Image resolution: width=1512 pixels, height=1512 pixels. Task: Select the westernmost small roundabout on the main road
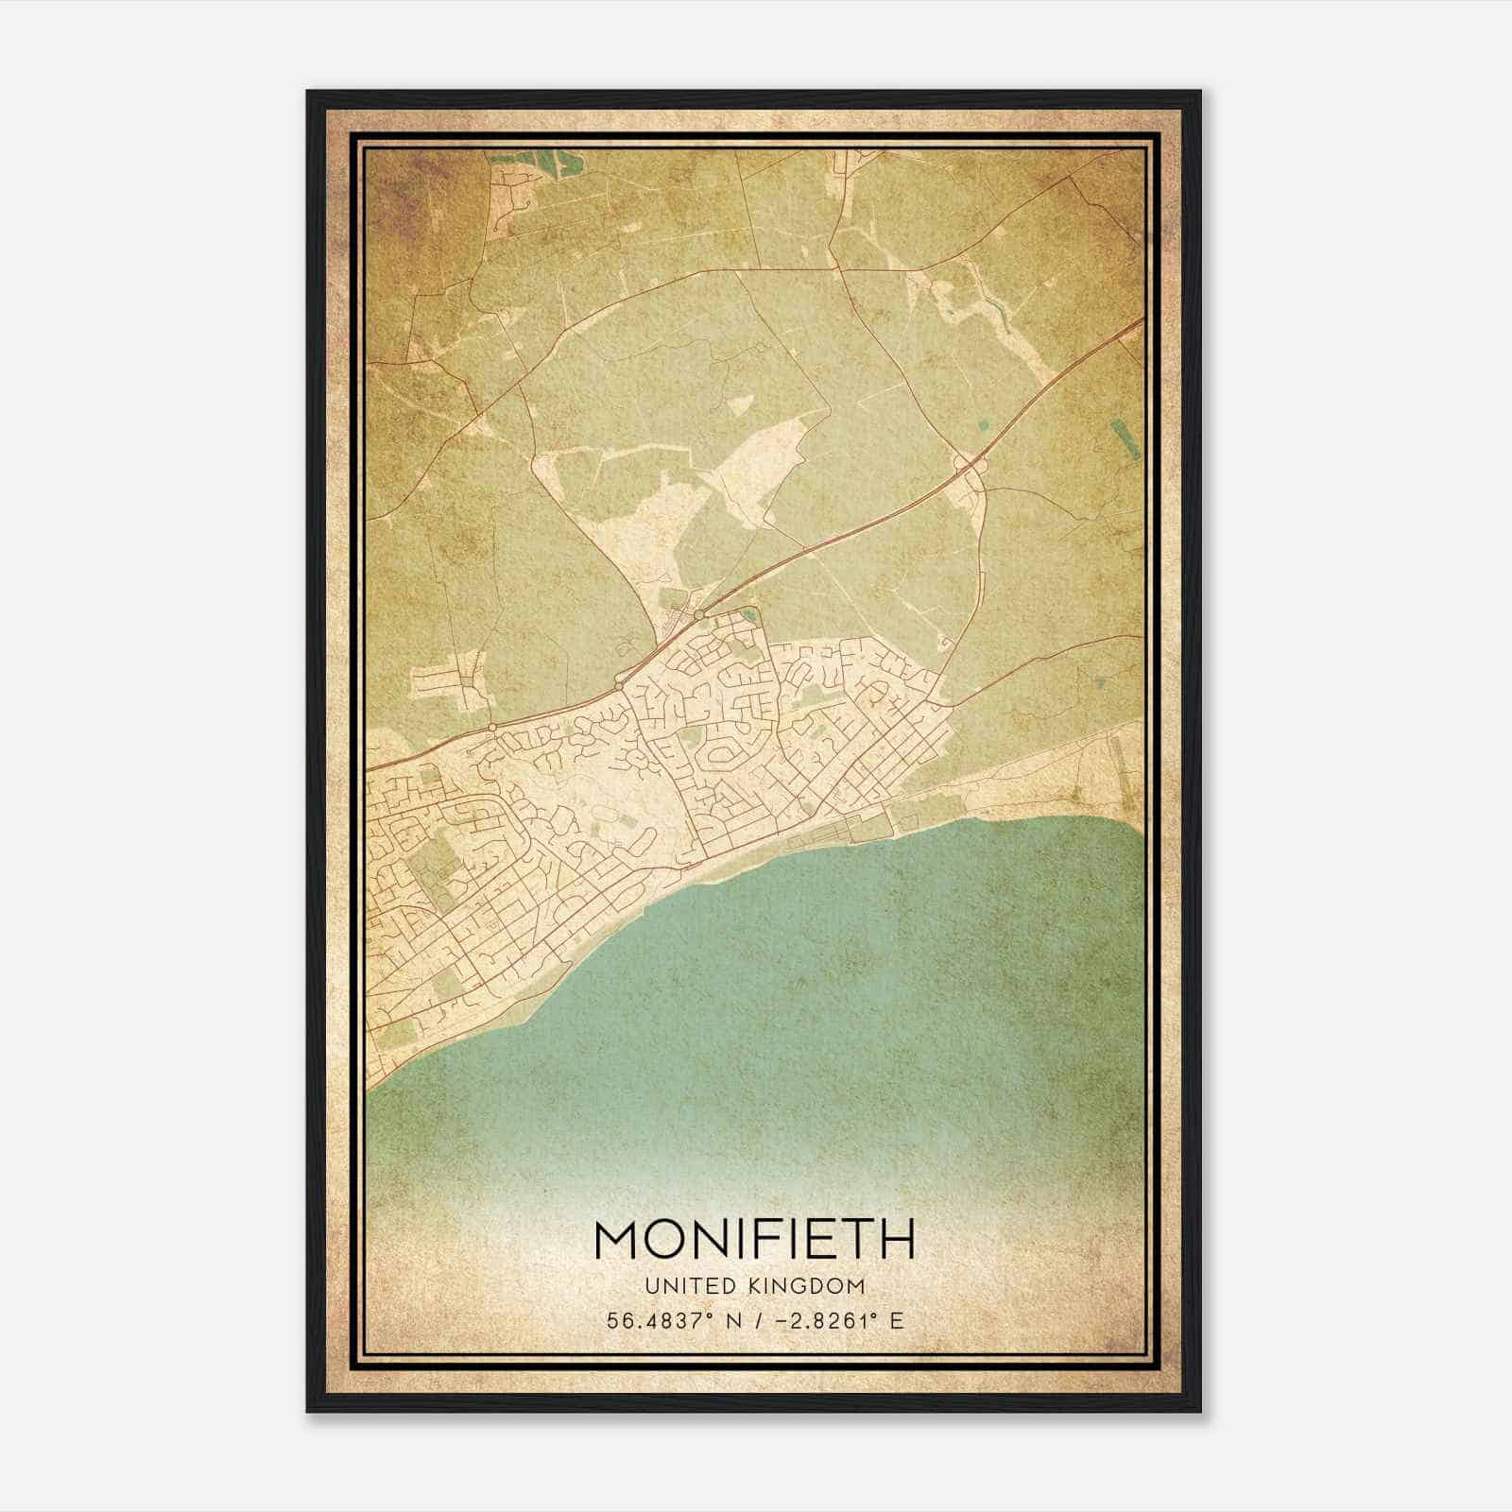click(492, 726)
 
